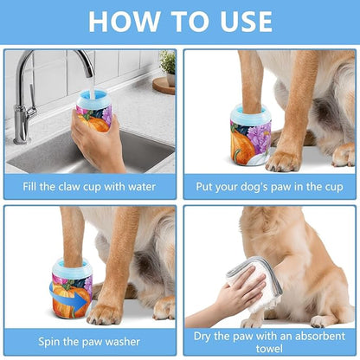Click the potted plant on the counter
tap(167, 65)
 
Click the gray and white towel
tap(257, 281)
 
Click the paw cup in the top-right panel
tap(250, 134)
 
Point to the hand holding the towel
tap(227, 299)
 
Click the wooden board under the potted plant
tap(164, 85)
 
